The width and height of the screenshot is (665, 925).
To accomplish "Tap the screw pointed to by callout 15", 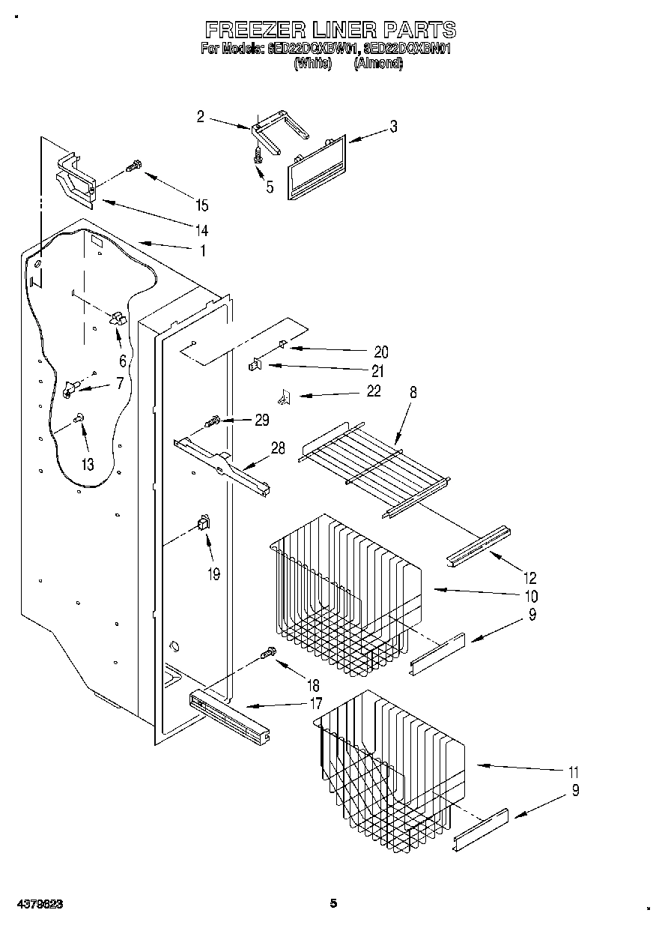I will click(134, 166).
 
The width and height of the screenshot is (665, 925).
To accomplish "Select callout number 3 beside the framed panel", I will click(393, 127).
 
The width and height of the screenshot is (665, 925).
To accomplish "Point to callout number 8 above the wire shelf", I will click(413, 391).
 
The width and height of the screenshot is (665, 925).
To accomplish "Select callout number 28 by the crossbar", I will click(278, 448).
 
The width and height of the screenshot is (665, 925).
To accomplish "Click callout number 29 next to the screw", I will click(261, 421).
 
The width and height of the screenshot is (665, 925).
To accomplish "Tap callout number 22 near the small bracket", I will click(373, 391).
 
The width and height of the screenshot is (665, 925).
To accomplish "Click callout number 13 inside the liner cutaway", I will click(88, 465).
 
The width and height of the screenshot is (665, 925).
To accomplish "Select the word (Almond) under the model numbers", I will click(378, 64).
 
